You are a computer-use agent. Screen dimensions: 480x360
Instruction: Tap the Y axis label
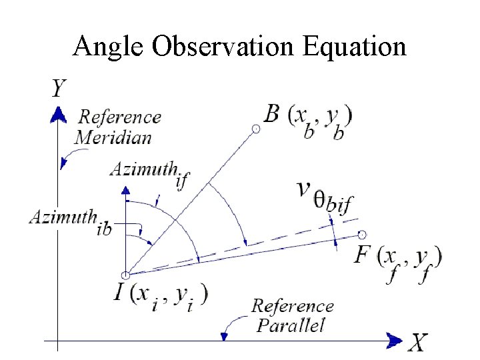[x=59, y=87]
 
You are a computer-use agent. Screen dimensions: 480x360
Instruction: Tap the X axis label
[x=417, y=343]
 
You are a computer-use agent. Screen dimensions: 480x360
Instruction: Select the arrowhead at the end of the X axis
[x=395, y=341]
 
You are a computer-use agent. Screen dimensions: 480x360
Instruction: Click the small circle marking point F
[x=362, y=235]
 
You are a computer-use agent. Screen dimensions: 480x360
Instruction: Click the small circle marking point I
[x=125, y=275]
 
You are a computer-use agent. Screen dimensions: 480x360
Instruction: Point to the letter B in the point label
[x=271, y=114]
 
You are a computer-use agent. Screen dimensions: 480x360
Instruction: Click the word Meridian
[x=113, y=138]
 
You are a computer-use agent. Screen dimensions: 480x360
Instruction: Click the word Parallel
[x=291, y=325]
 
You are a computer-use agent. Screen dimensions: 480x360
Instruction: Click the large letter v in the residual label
[x=305, y=189]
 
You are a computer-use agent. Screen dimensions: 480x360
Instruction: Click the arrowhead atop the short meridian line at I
[x=125, y=191]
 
